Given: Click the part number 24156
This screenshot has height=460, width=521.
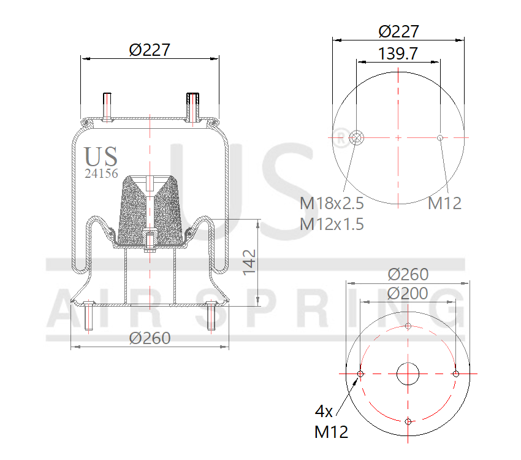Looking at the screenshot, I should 101,174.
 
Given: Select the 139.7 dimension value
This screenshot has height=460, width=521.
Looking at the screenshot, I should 398,53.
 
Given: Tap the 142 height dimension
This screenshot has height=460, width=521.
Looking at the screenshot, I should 249,262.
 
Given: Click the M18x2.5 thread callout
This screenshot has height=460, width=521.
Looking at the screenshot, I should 332,203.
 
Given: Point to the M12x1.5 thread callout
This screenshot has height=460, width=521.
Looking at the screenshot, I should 332,224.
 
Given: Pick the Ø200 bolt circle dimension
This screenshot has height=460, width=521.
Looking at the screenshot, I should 408,293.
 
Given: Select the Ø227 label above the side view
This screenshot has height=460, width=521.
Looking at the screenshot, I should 150,50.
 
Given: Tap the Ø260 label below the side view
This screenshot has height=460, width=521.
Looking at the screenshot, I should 150,338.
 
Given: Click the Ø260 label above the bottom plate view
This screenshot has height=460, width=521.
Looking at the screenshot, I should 408,275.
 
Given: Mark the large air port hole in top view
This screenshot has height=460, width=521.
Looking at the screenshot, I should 356,137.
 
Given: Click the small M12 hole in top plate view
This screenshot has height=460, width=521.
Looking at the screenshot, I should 440,137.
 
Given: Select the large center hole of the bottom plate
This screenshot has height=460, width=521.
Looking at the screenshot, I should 408,374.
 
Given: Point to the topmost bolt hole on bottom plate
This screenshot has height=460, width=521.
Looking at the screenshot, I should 408,326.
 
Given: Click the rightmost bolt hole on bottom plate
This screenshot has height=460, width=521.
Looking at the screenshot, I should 455,374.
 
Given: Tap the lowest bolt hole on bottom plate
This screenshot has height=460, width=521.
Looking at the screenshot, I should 408,421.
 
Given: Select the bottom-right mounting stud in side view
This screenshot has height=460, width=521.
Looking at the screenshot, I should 212,316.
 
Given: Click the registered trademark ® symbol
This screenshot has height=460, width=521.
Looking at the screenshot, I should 340,134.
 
